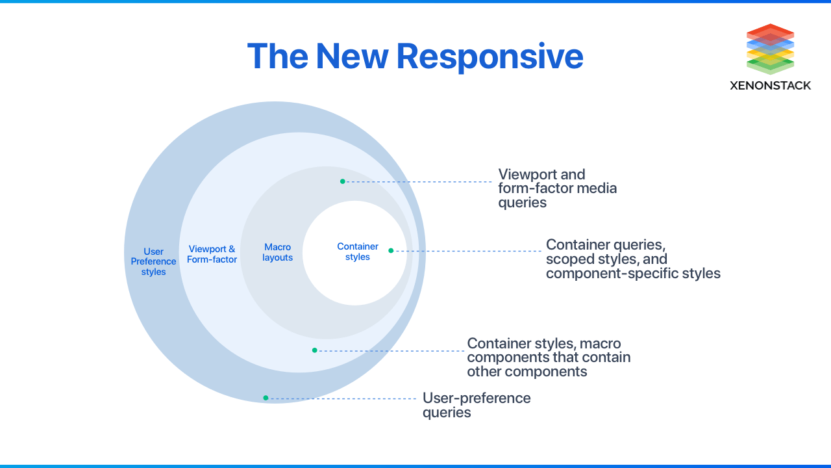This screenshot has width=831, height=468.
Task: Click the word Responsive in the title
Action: click(490, 57)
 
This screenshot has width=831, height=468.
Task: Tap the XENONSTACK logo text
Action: click(770, 85)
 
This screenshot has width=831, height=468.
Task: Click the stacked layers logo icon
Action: click(770, 49)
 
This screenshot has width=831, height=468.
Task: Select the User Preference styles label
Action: click(153, 261)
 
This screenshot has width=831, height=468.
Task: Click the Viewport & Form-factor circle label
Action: click(212, 254)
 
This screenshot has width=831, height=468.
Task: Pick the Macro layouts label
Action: click(277, 252)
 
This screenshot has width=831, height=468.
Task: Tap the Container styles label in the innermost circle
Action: click(357, 252)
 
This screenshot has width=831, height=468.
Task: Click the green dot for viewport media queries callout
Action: click(343, 181)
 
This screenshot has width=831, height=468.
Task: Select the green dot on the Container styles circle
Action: click(391, 250)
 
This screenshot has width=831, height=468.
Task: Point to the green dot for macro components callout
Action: click(314, 350)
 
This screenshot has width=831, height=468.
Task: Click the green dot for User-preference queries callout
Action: click(266, 398)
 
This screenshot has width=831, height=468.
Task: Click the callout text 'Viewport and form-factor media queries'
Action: click(557, 188)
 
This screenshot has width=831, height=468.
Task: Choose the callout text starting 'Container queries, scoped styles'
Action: click(632, 259)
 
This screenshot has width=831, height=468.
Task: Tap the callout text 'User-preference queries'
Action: click(476, 405)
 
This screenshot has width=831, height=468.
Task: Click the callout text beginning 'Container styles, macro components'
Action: click(549, 357)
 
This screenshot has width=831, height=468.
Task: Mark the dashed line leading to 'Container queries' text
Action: click(467, 251)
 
